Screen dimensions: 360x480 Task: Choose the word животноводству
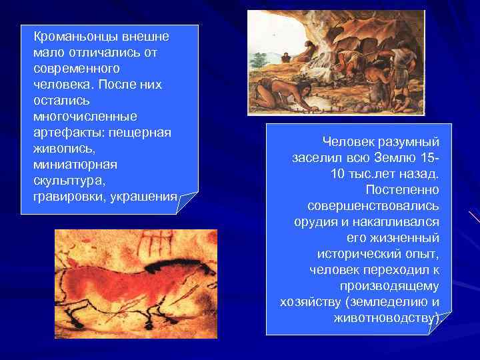385,318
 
